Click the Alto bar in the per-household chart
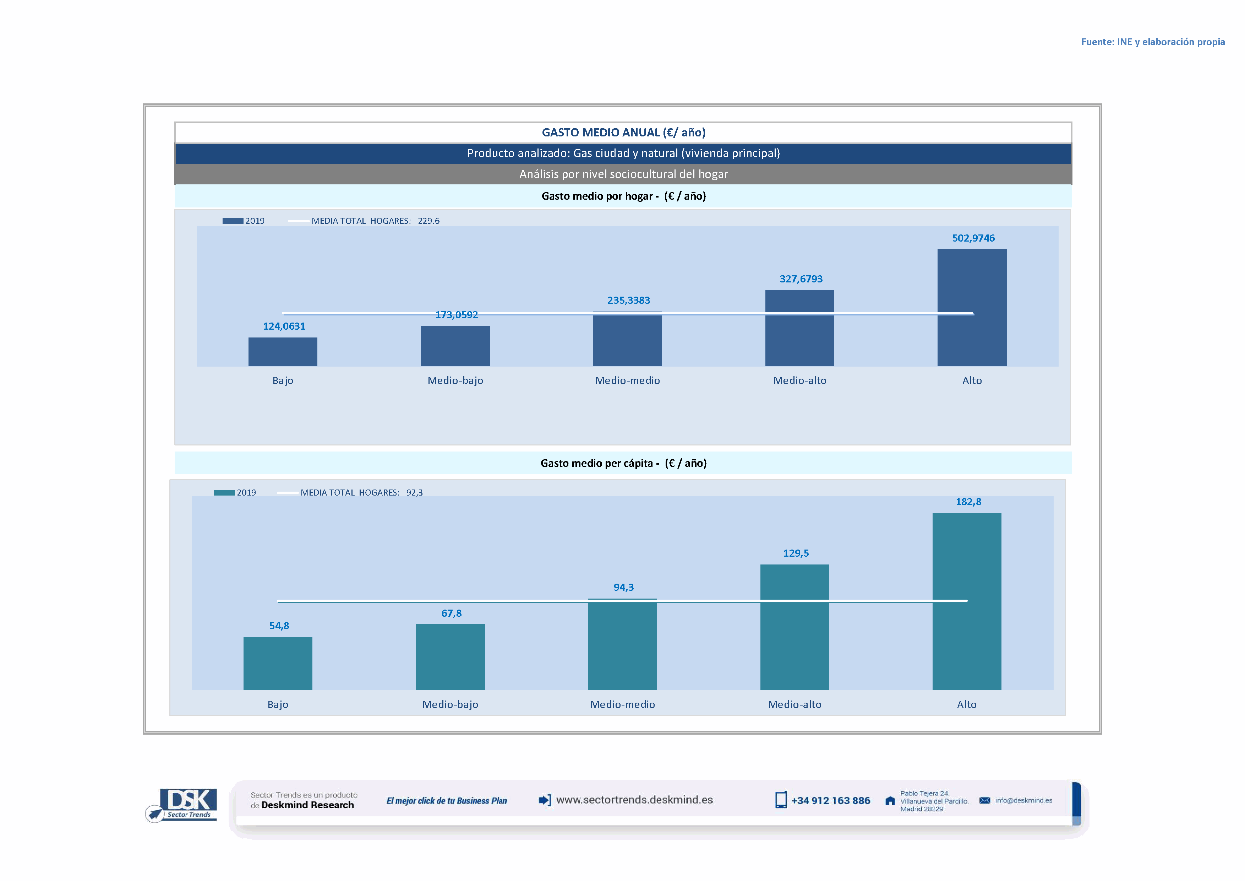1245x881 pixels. pyautogui.click(x=971, y=308)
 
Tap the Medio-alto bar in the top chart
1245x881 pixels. pyautogui.click(x=799, y=328)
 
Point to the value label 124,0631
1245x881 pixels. pyautogui.click(x=284, y=326)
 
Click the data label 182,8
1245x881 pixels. pyautogui.click(x=968, y=502)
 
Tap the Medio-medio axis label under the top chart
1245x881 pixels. pyautogui.click(x=627, y=380)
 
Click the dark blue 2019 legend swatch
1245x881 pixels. pyautogui.click(x=233, y=221)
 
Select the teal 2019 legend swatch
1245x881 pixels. pyautogui.click(x=224, y=493)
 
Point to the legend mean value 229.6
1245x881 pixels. pyautogui.click(x=428, y=221)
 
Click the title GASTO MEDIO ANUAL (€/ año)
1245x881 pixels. pyautogui.click(x=623, y=133)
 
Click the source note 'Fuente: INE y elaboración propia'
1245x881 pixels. pyautogui.click(x=1152, y=42)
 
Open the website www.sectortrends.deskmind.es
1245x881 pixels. pyautogui.click(x=634, y=800)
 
